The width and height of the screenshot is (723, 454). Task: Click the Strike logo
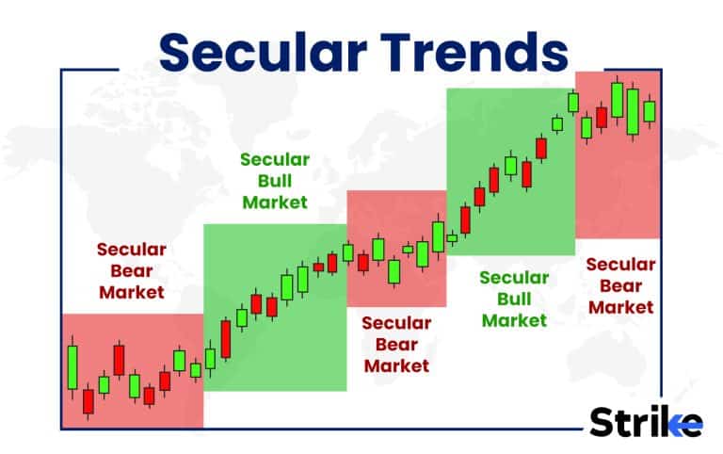point(646,421)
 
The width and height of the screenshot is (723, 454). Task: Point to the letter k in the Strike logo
point(675,421)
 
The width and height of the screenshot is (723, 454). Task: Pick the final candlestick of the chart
point(649,110)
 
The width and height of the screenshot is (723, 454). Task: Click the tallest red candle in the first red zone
point(119,359)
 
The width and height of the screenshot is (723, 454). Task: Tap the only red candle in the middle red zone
point(363,262)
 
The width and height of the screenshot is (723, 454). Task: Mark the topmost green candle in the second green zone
point(572,102)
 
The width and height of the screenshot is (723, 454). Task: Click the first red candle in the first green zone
point(225,339)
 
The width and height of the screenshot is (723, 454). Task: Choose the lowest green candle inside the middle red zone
point(394,271)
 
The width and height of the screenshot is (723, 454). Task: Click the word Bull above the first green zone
point(275,180)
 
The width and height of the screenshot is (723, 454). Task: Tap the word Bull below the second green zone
point(514,299)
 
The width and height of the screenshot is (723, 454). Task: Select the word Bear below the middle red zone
point(395,344)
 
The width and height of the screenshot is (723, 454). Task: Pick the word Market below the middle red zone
point(395,365)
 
